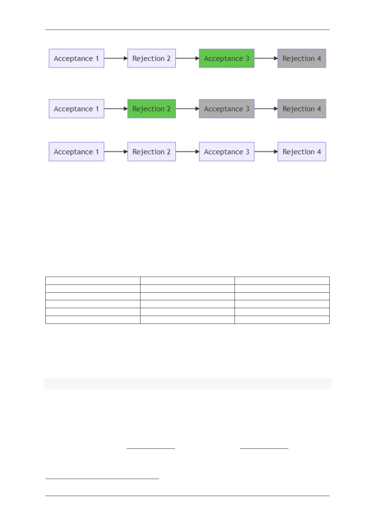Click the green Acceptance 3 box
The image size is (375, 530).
tap(226, 58)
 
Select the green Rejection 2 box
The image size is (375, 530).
tap(151, 109)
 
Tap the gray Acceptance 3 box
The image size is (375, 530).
tap(226, 109)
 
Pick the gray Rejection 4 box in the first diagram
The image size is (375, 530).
tap(302, 58)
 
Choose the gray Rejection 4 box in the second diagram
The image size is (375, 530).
tap(302, 109)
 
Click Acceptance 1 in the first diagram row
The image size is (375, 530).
tap(76, 58)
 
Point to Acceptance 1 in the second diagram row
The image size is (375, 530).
tap(76, 109)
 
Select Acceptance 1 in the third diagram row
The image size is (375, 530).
tap(76, 152)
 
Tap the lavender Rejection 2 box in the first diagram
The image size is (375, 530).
tap(151, 58)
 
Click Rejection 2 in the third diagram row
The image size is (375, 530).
tap(151, 152)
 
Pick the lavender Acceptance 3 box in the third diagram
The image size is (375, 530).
tap(226, 152)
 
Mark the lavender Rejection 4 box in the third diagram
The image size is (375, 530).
tap(302, 152)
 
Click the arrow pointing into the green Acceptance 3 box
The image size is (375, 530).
tap(187, 58)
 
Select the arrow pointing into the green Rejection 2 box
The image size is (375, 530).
tap(116, 109)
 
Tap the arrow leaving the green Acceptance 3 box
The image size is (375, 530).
tap(266, 58)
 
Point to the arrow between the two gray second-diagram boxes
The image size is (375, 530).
tap(266, 109)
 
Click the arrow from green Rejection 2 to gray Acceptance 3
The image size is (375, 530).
tap(187, 109)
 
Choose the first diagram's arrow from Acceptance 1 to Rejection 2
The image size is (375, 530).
tap(116, 58)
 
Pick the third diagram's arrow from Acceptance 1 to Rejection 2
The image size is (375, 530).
tap(116, 152)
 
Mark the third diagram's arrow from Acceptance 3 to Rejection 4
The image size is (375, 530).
tap(266, 152)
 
